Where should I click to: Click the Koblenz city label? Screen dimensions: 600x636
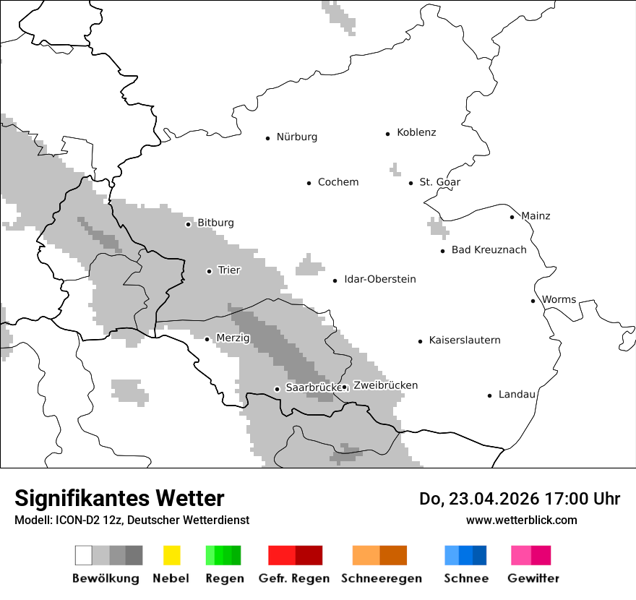(416, 132)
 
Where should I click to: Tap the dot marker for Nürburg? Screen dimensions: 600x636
(267, 137)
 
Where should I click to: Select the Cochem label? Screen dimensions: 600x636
(338, 182)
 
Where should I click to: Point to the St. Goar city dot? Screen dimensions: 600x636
(411, 183)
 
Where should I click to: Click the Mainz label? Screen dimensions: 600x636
(535, 216)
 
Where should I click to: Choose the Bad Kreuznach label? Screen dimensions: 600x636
(489, 250)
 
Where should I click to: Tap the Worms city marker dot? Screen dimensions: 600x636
(533, 301)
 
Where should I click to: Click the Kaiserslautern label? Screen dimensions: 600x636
(464, 340)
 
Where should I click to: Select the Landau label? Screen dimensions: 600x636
(517, 395)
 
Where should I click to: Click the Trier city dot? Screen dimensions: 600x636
(209, 271)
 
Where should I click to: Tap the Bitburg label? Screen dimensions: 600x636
(215, 223)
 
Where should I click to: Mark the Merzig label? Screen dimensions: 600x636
(233, 338)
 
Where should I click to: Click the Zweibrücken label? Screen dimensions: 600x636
(385, 385)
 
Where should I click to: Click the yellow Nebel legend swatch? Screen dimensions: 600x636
(171, 555)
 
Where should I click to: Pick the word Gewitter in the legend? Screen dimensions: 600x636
(533, 578)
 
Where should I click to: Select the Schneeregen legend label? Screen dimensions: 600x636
(382, 578)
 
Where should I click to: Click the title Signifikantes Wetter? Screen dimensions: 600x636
(119, 498)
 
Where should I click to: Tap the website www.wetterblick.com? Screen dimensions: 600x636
(521, 520)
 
